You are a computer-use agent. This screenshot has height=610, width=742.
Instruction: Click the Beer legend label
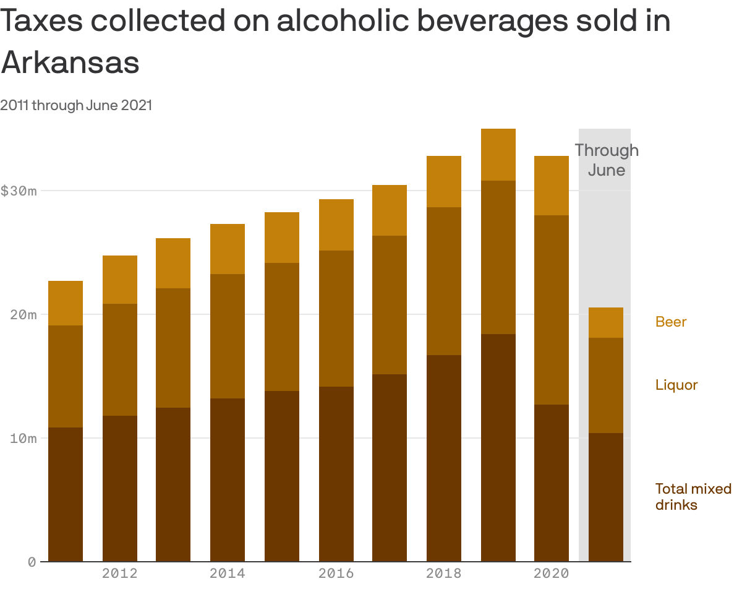point(671,322)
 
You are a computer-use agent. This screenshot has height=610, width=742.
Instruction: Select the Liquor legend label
point(676,385)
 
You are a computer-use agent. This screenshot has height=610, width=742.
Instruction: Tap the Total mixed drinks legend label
point(693,497)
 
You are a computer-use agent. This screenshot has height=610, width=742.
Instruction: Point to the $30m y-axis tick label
point(19,191)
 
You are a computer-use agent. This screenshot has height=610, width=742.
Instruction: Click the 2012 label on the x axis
point(120,573)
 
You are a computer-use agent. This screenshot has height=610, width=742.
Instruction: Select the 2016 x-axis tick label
point(336,573)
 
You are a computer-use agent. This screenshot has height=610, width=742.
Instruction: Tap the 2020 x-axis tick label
point(552,573)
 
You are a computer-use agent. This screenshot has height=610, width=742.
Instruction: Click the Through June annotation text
point(606,160)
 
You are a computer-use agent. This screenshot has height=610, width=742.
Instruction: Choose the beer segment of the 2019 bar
point(498,155)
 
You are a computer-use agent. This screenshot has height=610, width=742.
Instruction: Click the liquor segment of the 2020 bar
point(552,309)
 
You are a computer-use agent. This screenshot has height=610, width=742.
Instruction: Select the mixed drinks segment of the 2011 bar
point(66,494)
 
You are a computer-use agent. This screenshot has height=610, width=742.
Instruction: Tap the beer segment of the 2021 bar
point(606,322)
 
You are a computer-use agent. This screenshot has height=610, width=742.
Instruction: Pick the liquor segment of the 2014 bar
point(228,336)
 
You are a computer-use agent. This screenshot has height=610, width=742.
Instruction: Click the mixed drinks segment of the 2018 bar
point(444,458)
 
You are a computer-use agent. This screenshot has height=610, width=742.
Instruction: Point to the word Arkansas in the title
point(70,61)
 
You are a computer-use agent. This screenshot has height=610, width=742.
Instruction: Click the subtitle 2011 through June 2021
point(76,105)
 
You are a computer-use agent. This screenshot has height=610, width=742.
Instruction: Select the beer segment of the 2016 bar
point(336,225)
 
